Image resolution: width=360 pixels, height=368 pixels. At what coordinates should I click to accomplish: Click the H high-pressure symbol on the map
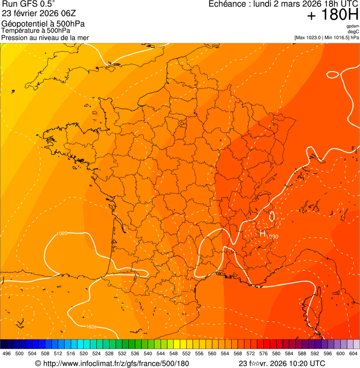click(x=263, y=233)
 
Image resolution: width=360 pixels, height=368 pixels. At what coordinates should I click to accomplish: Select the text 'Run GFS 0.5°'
click(x=28, y=4)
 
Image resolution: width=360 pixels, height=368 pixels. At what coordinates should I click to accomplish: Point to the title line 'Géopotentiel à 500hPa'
click(x=43, y=24)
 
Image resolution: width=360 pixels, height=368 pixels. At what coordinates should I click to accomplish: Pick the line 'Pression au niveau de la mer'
click(x=45, y=37)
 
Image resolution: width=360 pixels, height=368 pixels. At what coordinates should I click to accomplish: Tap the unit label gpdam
click(x=353, y=26)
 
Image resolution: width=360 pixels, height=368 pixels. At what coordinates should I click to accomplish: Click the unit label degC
click(x=353, y=31)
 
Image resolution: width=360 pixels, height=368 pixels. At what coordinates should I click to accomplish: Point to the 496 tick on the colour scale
click(x=7, y=353)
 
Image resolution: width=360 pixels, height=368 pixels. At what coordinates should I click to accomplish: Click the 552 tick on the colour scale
click(x=186, y=353)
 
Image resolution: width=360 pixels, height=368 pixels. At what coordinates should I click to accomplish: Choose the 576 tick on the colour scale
click(x=263, y=353)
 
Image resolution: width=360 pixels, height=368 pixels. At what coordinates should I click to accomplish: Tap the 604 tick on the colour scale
click(x=353, y=353)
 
